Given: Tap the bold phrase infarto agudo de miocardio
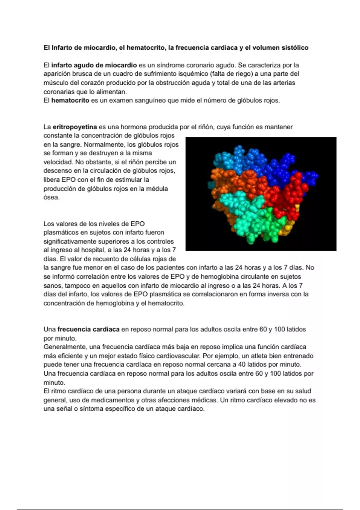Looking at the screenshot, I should (x=94, y=65).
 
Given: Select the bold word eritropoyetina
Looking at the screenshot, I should (x=75, y=127).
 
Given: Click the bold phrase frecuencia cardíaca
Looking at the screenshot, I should (x=88, y=329).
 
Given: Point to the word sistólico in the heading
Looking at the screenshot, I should (x=295, y=48).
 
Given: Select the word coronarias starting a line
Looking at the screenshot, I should (x=58, y=92).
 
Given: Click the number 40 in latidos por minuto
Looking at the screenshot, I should (x=241, y=364).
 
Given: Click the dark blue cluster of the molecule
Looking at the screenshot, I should (x=280, y=169).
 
